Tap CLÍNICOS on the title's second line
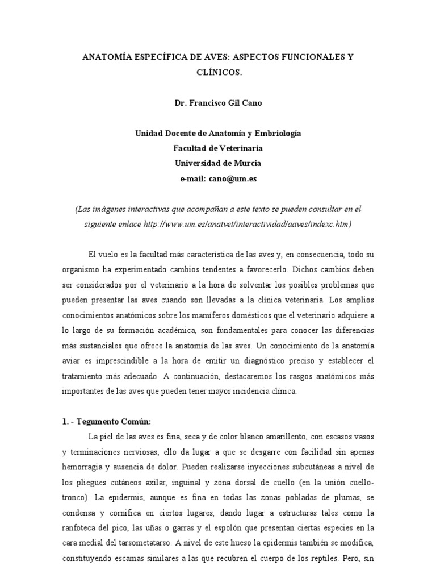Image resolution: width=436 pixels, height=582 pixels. pyautogui.click(x=218, y=73)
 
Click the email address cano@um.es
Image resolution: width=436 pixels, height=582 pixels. pyautogui.click(x=232, y=178)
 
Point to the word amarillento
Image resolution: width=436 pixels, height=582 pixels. pyautogui.click(x=269, y=436)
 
